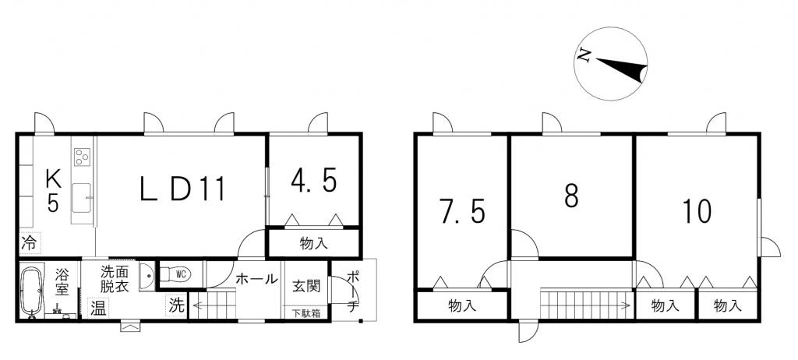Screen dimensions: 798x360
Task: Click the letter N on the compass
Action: (x=584, y=55)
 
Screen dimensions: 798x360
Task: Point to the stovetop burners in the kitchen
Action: (x=82, y=157)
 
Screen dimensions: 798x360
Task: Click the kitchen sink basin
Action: (x=81, y=198)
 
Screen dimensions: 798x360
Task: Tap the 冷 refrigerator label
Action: (x=30, y=243)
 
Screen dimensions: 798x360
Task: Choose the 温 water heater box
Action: (x=97, y=308)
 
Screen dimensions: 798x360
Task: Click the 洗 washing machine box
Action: (x=176, y=305)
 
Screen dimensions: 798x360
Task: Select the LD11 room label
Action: (x=182, y=189)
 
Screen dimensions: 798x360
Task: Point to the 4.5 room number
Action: (x=313, y=181)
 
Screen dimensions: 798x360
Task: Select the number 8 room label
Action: (x=571, y=196)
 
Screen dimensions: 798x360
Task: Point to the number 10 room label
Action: (x=696, y=211)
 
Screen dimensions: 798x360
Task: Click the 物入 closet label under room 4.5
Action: (x=313, y=243)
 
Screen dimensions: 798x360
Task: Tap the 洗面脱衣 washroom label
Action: (x=114, y=278)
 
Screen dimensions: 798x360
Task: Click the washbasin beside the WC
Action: (x=147, y=276)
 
